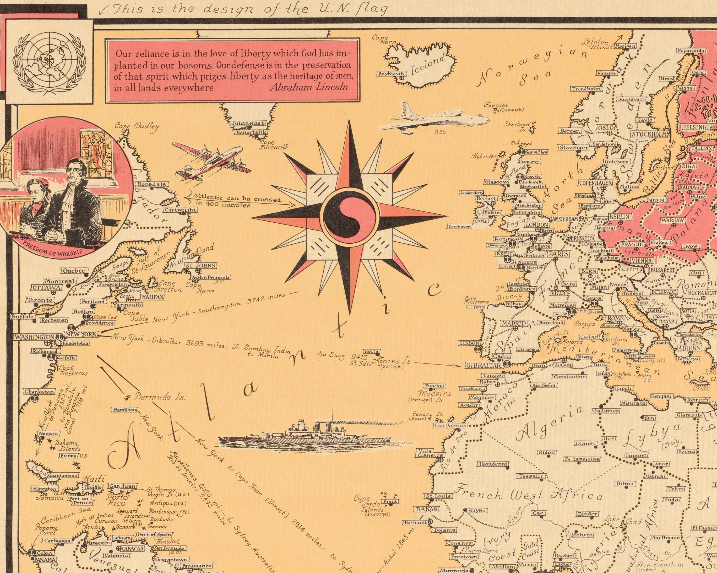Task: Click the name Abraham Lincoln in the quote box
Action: pyautogui.click(x=308, y=87)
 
